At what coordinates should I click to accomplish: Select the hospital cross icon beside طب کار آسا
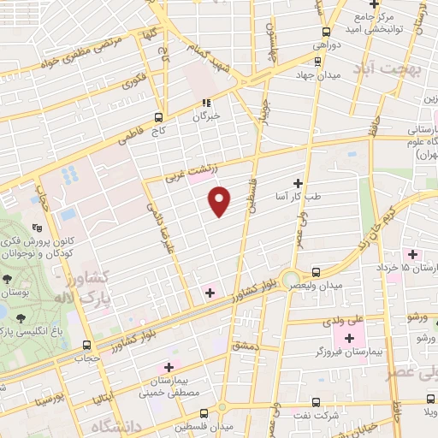298,182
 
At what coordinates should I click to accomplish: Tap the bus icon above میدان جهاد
317,61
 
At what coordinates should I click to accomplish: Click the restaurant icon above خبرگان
205,103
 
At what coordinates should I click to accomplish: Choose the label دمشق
246,343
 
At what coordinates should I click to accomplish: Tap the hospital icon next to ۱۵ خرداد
414,254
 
